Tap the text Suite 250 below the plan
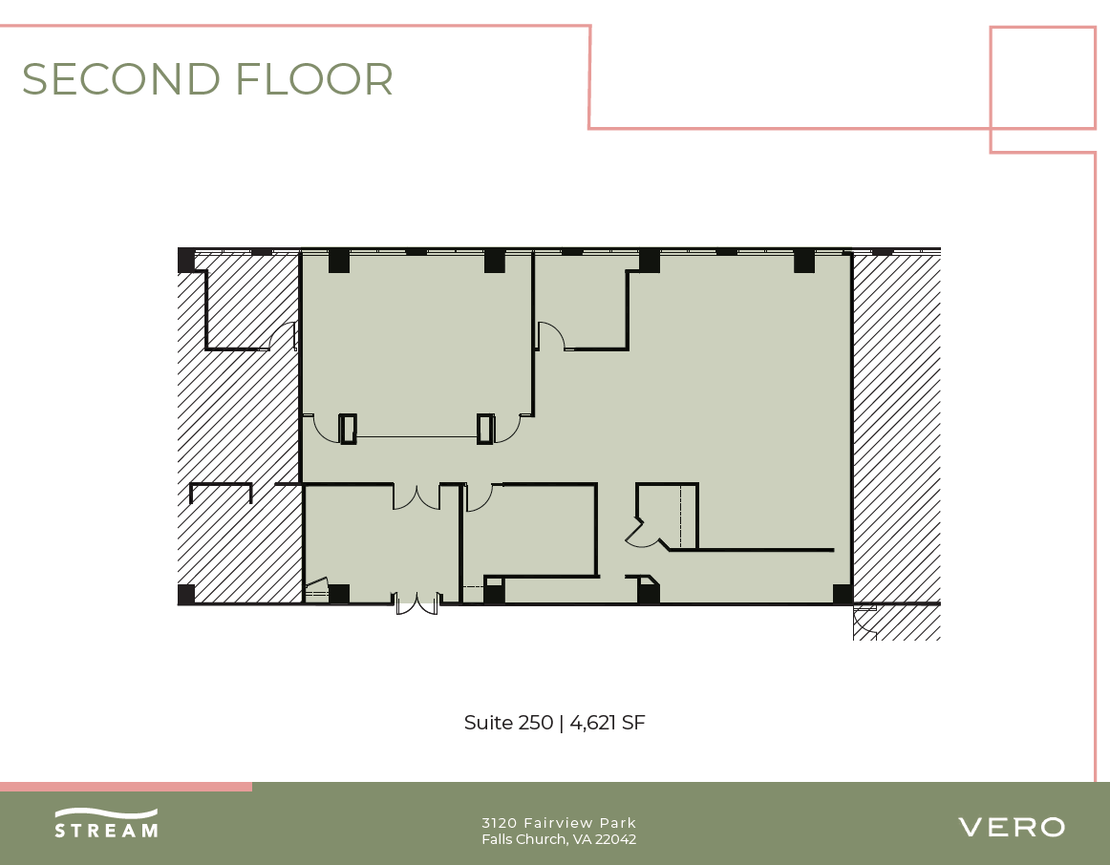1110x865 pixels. [508, 723]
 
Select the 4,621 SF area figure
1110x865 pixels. [608, 723]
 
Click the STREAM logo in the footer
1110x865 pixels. [106, 823]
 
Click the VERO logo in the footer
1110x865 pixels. [1011, 827]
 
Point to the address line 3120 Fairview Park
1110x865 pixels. [559, 823]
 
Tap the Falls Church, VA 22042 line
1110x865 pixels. [559, 840]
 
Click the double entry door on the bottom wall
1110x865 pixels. [416, 603]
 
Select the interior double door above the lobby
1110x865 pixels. [416, 496]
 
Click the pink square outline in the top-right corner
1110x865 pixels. [1042, 77]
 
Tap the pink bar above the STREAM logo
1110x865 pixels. [126, 787]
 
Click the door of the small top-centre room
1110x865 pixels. [550, 336]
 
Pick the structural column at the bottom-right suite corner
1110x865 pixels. [842, 594]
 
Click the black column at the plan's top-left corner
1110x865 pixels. [186, 260]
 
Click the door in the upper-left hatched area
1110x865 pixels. [283, 336]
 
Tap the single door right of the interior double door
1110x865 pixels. [479, 496]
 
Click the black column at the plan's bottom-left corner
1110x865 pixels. [186, 594]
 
